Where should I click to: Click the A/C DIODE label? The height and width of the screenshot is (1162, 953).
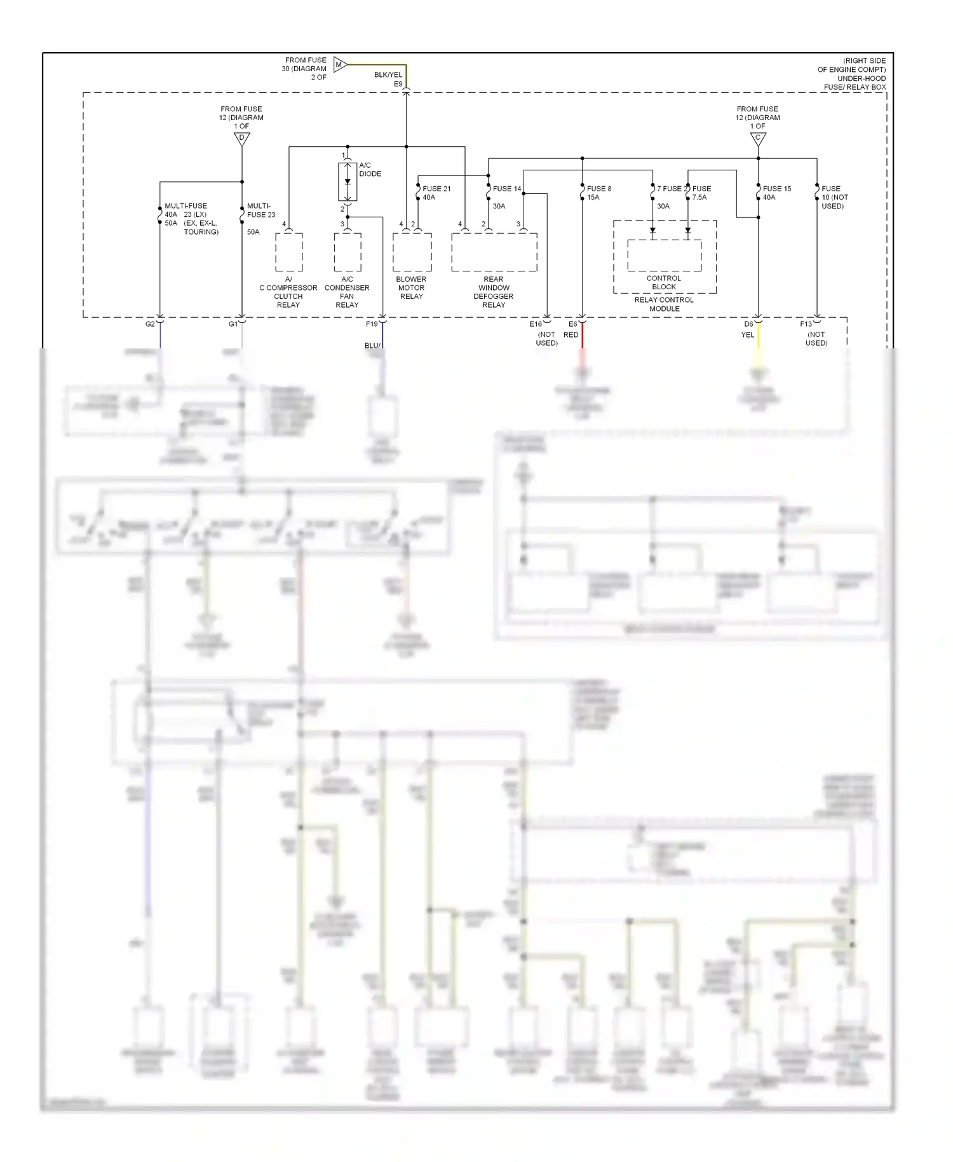(370, 170)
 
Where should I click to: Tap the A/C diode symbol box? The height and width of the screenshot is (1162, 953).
(348, 182)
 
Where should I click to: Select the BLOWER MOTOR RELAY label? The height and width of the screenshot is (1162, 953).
(411, 288)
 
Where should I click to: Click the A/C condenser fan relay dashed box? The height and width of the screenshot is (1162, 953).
(348, 252)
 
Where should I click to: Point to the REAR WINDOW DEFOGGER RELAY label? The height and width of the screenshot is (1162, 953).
(494, 292)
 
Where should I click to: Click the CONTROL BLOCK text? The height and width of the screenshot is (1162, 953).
(664, 283)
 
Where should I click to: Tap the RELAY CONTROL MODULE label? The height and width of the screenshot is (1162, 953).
(664, 304)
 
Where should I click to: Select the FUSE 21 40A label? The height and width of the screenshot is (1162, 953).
(436, 193)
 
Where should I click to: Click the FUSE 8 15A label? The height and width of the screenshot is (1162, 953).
(598, 193)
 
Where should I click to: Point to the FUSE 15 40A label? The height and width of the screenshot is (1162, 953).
(776, 193)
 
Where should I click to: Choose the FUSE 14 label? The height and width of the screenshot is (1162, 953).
(506, 189)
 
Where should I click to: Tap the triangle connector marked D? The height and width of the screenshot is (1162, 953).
(242, 138)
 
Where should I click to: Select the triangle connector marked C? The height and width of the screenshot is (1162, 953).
(758, 138)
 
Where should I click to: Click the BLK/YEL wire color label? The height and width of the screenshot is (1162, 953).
(388, 75)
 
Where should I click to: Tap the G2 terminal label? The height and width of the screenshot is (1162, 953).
(150, 324)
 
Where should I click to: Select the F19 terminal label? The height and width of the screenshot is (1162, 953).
(372, 324)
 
